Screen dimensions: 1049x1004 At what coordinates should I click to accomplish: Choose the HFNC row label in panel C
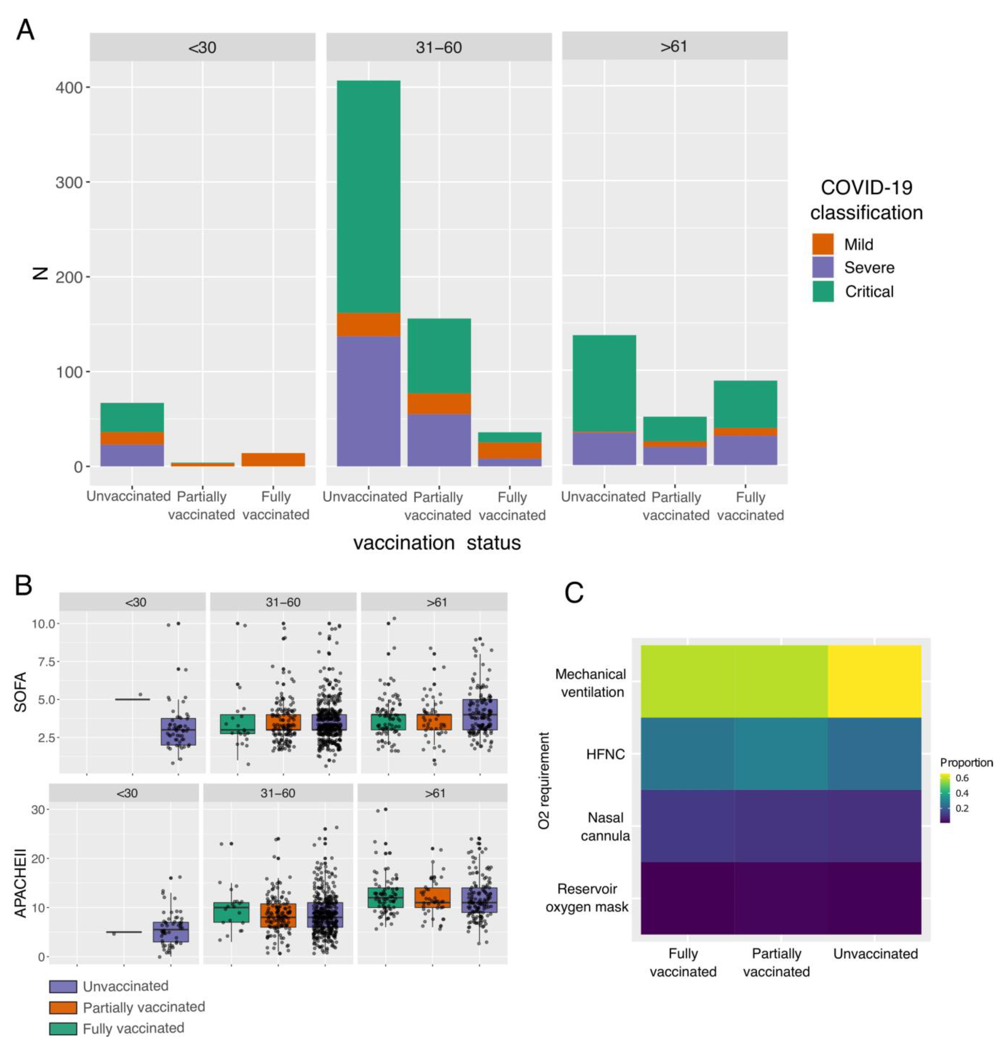[605, 755]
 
